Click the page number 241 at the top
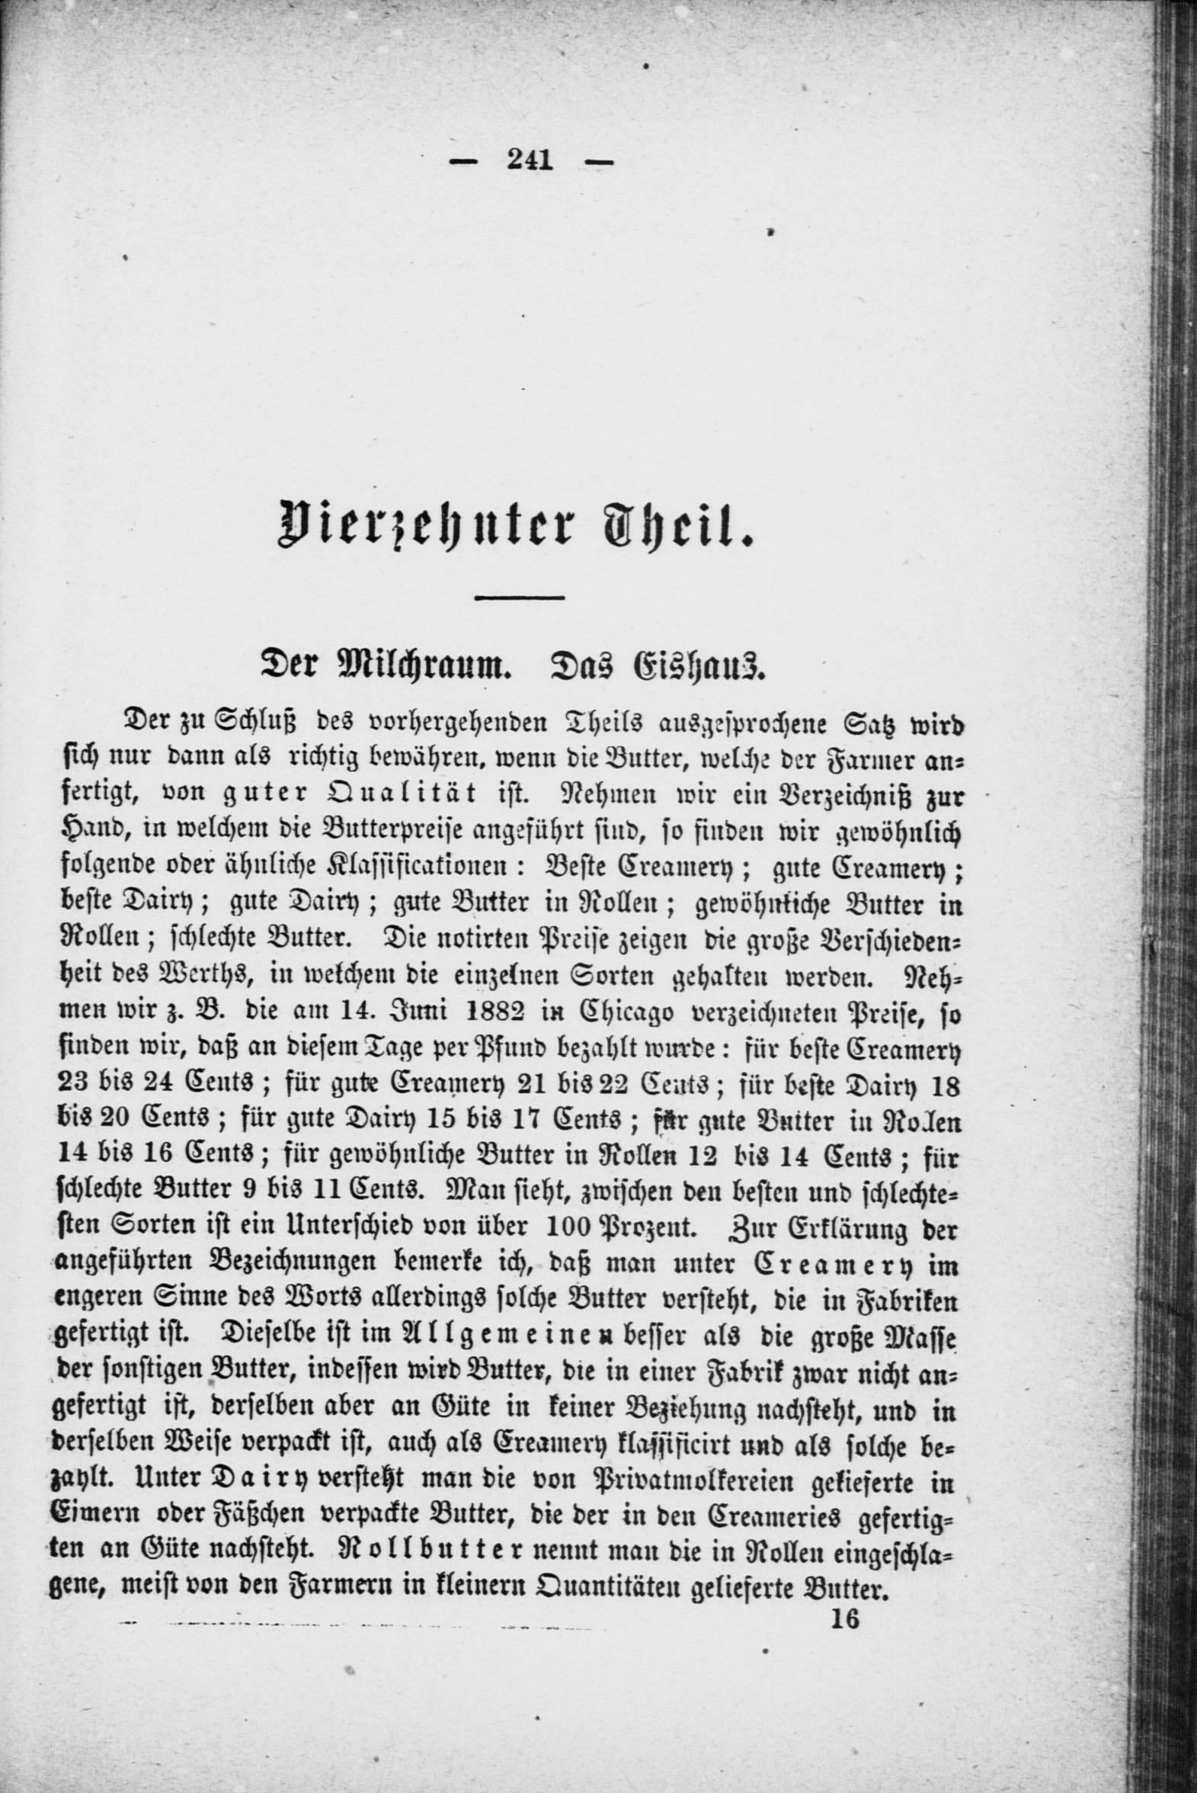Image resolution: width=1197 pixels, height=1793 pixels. pos(528,161)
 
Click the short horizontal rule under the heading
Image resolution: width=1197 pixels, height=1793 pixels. pos(518,597)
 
